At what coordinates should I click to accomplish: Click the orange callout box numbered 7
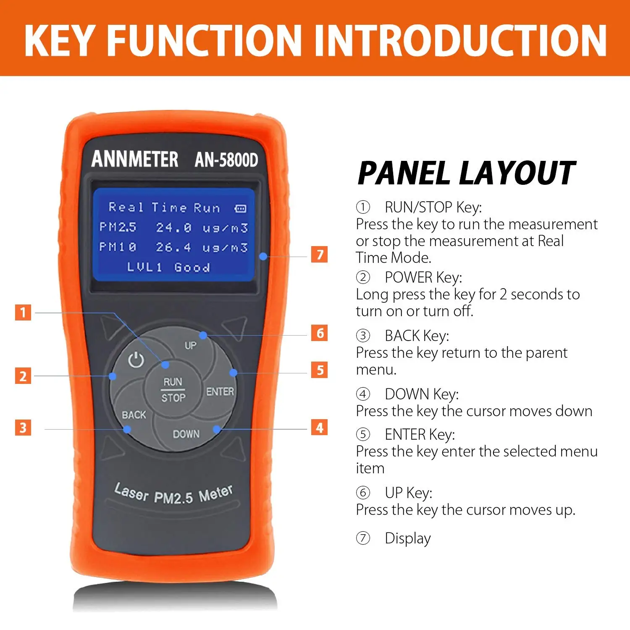click(x=319, y=255)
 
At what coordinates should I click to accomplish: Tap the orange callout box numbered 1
click(x=23, y=312)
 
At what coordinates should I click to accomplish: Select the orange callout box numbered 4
click(x=319, y=428)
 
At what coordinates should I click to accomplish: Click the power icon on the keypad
click(x=136, y=360)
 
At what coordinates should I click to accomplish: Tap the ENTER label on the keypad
click(x=220, y=391)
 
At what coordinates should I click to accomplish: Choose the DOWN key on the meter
click(x=186, y=434)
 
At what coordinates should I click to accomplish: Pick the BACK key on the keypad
click(x=134, y=415)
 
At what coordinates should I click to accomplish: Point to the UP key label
click(x=191, y=346)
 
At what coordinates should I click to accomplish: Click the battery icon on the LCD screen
click(x=241, y=209)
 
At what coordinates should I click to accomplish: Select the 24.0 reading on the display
click(x=174, y=228)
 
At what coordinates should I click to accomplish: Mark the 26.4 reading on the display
click(x=173, y=247)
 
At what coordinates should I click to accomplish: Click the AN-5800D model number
click(x=226, y=160)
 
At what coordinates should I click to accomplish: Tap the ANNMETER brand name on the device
click(x=135, y=159)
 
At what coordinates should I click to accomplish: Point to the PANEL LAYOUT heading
click(x=466, y=173)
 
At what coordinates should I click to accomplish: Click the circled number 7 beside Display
click(x=363, y=538)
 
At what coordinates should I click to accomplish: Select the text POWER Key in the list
click(x=423, y=278)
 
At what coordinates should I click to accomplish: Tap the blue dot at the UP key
click(x=203, y=335)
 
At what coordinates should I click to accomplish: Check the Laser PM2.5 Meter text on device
click(x=173, y=494)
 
